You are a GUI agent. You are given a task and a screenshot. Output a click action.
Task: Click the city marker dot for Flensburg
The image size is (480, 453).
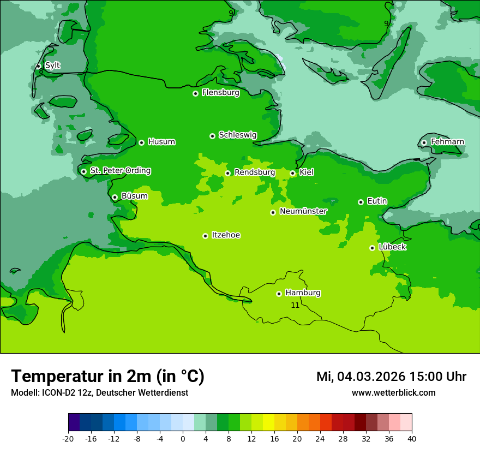pyautogui.click(x=195, y=93)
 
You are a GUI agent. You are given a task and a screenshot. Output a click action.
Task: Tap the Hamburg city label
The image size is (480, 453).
pyautogui.click(x=303, y=293)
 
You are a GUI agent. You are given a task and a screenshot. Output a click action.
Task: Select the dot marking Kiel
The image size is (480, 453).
pyautogui.click(x=292, y=173)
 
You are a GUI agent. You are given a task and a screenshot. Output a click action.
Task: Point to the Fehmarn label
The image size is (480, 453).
pyautogui.click(x=447, y=142)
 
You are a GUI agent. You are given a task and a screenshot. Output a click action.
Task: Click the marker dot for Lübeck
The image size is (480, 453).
pyautogui.click(x=372, y=248)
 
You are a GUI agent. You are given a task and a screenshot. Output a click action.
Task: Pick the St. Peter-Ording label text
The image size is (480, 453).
pyautogui.click(x=120, y=171)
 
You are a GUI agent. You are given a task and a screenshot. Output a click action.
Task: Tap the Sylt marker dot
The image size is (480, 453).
pyautogui.click(x=39, y=66)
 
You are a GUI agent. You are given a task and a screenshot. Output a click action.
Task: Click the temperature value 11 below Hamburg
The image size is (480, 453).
pyautogui.click(x=295, y=305)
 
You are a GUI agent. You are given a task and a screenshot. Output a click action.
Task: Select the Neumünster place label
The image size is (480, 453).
pyautogui.click(x=303, y=211)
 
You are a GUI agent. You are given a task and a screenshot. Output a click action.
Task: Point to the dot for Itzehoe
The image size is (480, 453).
pyautogui.click(x=205, y=236)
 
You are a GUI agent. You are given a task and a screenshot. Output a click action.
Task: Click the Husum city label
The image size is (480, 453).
pyautogui.click(x=161, y=142)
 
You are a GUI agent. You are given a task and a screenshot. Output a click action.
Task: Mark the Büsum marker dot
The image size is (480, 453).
pyautogui.click(x=115, y=197)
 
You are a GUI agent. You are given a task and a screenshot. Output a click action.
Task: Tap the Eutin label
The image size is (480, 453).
pyautogui.click(x=377, y=201)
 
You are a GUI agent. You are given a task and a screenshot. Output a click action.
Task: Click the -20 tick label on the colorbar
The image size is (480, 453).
pyautogui.click(x=68, y=439)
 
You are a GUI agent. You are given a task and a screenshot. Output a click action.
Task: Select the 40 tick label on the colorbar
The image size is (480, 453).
pyautogui.click(x=412, y=439)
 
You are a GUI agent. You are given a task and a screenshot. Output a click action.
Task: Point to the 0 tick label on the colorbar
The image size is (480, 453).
pyautogui.click(x=183, y=439)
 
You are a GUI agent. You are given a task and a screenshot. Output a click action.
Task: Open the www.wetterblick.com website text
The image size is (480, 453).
pyautogui.click(x=393, y=393)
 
